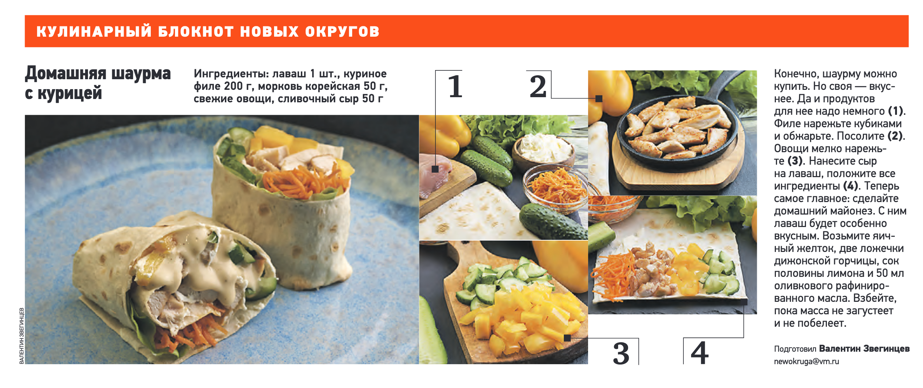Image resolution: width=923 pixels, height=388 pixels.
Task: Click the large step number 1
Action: tap(455, 87)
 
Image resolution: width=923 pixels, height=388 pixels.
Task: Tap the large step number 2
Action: tap(538, 87)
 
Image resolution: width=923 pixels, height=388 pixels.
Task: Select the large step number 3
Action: tap(621, 354)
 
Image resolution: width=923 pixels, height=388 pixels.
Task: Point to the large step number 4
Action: tap(699, 353)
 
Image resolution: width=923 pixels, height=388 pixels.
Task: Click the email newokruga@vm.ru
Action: tap(806, 362)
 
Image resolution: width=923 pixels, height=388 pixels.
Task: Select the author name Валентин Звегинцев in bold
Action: tap(864, 348)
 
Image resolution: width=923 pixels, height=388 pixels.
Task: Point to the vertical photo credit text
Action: tap(22, 336)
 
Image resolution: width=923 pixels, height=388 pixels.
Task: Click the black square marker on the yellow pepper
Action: tap(599, 99)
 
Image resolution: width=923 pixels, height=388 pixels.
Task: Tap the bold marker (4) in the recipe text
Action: tap(850, 186)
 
